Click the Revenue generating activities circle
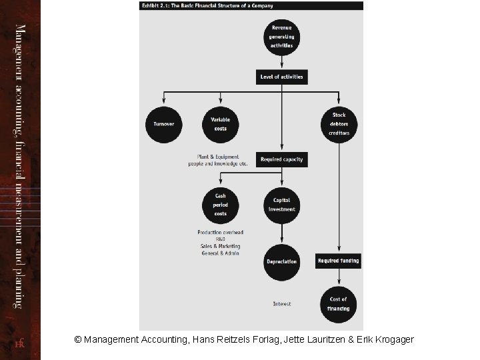point(281,37)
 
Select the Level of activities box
point(281,77)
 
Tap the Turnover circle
point(163,124)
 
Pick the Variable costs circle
point(220,124)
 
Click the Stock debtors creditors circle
point(339,124)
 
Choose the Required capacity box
point(281,160)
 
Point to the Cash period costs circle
point(220,205)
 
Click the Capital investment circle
point(281,205)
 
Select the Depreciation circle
point(281,261)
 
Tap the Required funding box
point(339,261)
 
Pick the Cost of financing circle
point(339,304)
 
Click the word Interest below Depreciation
point(281,304)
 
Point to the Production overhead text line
point(220,232)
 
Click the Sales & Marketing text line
point(220,246)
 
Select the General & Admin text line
point(220,253)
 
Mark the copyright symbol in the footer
point(78,340)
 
